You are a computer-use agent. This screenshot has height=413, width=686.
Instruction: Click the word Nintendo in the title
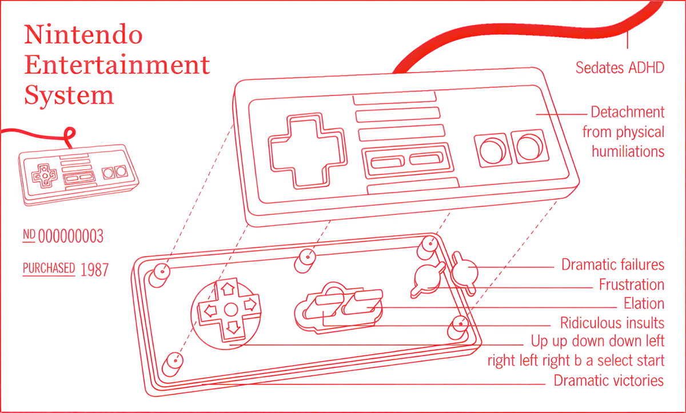pos(83,34)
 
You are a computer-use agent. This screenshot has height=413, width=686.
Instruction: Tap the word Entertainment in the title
pos(117,65)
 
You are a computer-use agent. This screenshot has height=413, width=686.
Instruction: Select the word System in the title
pos(69,95)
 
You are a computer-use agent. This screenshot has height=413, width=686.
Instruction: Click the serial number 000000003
pos(71,236)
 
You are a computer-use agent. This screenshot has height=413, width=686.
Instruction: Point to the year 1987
pos(95,270)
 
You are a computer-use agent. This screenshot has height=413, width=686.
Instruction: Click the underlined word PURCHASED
pos(49,268)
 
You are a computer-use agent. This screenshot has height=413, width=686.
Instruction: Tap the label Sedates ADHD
pos(620,67)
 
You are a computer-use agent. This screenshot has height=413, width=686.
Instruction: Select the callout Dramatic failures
pos(613,264)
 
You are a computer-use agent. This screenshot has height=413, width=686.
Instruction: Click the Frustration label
pos(632,284)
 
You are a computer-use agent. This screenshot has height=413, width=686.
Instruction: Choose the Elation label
pos(644,304)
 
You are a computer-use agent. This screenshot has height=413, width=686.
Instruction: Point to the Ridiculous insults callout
pos(612,323)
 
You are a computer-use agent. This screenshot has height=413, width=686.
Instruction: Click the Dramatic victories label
pos(609,381)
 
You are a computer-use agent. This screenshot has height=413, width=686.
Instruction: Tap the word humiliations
pos(628,152)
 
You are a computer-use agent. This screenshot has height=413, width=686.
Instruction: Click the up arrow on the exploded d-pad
pos(228,289)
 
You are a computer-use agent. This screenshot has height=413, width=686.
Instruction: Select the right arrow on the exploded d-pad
pos(251,304)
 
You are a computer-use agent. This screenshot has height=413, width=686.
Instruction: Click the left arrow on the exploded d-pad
pos(210,311)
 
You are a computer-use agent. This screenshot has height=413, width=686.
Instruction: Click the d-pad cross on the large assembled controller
pos(308,150)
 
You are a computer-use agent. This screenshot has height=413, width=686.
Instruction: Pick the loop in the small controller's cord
pos(70,135)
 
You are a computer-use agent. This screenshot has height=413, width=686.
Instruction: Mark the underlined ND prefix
pos(29,235)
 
